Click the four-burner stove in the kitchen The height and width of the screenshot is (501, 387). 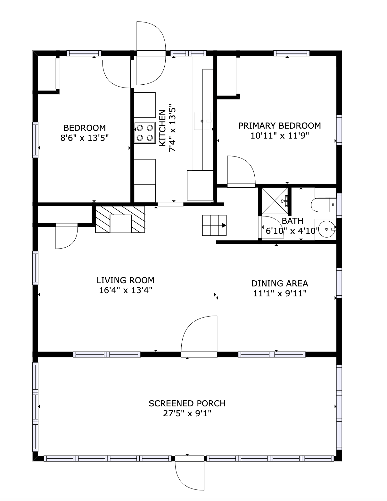pyautogui.click(x=144, y=133)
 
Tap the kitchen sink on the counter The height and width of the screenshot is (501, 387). pyautogui.click(x=202, y=121)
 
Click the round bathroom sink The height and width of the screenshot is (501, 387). pyautogui.click(x=325, y=229)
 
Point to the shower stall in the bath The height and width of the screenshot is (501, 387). pyautogui.click(x=274, y=201)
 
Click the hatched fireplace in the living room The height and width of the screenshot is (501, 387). pyautogui.click(x=120, y=219)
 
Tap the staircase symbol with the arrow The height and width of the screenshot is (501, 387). pyautogui.click(x=214, y=225)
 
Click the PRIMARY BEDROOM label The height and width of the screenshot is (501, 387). pyautogui.click(x=279, y=125)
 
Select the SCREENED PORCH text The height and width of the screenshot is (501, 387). pyautogui.click(x=187, y=403)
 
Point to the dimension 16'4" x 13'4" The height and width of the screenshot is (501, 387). pyautogui.click(x=125, y=290)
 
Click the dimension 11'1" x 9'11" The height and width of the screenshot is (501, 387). pyautogui.click(x=280, y=293)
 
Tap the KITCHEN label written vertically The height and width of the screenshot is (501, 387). pyautogui.click(x=163, y=127)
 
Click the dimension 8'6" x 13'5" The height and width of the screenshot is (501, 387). pyautogui.click(x=85, y=138)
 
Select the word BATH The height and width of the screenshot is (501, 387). pyautogui.click(x=292, y=221)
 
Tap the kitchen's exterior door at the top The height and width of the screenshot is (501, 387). pyautogui.click(x=151, y=53)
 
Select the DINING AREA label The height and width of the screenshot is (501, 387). pyautogui.click(x=280, y=283)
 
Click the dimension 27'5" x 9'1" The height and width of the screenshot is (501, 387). pyautogui.click(x=187, y=413)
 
